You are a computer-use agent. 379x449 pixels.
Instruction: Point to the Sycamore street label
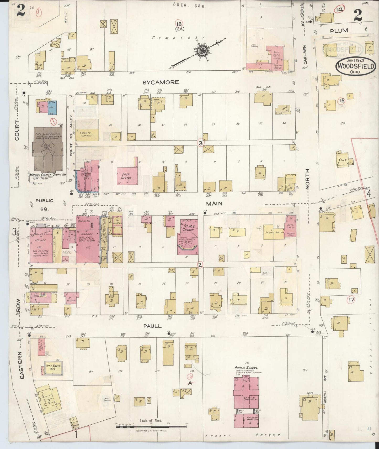(x=161, y=82)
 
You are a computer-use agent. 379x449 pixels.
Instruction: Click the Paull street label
(x=152, y=326)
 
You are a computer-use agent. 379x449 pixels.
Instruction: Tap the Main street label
(x=214, y=203)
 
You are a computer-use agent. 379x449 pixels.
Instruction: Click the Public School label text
(x=246, y=368)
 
